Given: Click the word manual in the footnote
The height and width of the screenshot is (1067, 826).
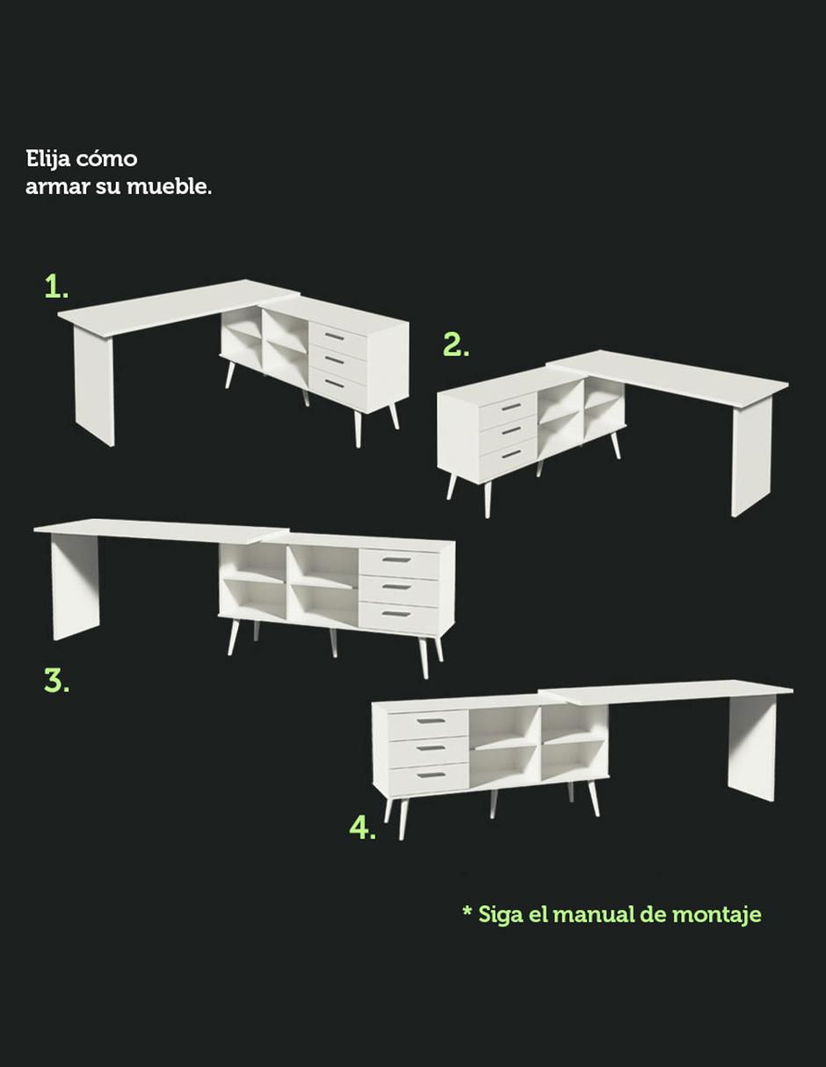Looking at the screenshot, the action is (594, 914).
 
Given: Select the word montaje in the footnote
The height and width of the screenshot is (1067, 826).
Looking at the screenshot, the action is (716, 915).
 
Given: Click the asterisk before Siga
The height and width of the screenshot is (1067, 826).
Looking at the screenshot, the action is (467, 910).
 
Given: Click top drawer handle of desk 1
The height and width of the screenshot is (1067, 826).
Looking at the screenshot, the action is (336, 335).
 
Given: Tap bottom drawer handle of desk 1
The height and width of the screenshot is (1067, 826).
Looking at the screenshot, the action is (335, 383).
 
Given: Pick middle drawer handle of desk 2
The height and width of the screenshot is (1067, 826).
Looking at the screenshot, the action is (511, 430).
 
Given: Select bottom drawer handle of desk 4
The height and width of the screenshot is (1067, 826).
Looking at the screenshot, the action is (431, 775).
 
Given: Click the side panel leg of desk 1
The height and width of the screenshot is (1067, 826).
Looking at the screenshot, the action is (94, 386).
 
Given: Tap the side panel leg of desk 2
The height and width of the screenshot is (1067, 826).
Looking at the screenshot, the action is (751, 457).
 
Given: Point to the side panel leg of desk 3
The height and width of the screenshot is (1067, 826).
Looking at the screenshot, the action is (76, 588).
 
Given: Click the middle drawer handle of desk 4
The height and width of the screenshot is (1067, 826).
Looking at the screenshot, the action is (431, 748).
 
